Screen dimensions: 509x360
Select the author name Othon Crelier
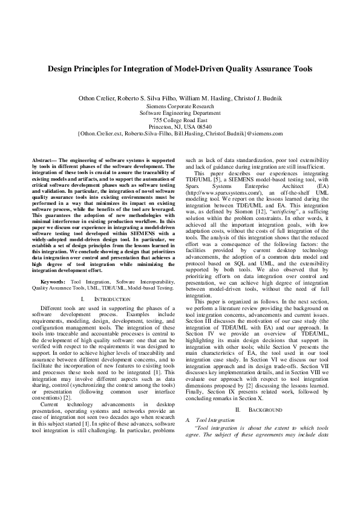[98, 98]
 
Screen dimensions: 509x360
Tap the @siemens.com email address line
[180, 134]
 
